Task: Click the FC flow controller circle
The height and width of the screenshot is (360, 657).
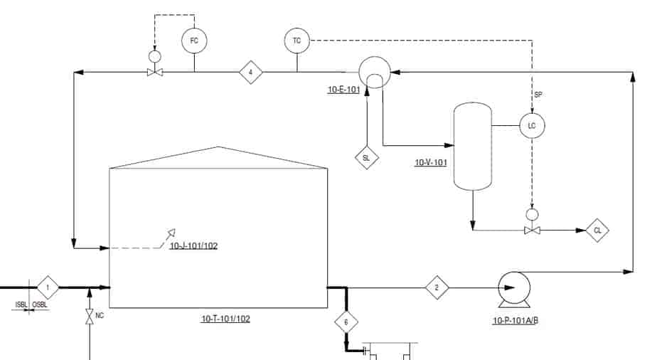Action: click(x=194, y=41)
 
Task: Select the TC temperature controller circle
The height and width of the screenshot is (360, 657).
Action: click(x=297, y=41)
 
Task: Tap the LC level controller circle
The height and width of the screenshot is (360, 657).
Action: click(x=532, y=125)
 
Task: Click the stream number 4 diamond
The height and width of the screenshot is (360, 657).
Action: click(x=250, y=72)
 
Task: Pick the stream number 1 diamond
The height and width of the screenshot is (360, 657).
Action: click(x=48, y=287)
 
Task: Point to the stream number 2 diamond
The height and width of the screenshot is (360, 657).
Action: click(x=437, y=287)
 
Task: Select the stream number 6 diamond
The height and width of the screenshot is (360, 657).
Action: click(x=346, y=322)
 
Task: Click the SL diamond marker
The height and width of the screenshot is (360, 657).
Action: click(x=367, y=157)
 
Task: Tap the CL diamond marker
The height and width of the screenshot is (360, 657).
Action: click(x=597, y=230)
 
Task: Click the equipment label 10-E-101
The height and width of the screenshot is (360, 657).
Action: click(x=343, y=89)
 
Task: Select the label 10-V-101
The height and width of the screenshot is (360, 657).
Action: click(x=431, y=162)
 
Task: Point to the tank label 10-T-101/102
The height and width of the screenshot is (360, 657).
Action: click(x=225, y=319)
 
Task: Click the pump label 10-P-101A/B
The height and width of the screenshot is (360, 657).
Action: click(x=516, y=321)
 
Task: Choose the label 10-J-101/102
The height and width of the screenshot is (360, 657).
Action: click(x=193, y=245)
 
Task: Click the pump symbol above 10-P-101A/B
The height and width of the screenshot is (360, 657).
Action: click(x=514, y=289)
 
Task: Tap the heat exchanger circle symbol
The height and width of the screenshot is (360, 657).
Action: click(x=375, y=72)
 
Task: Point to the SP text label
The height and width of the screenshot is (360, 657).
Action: click(x=538, y=95)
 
